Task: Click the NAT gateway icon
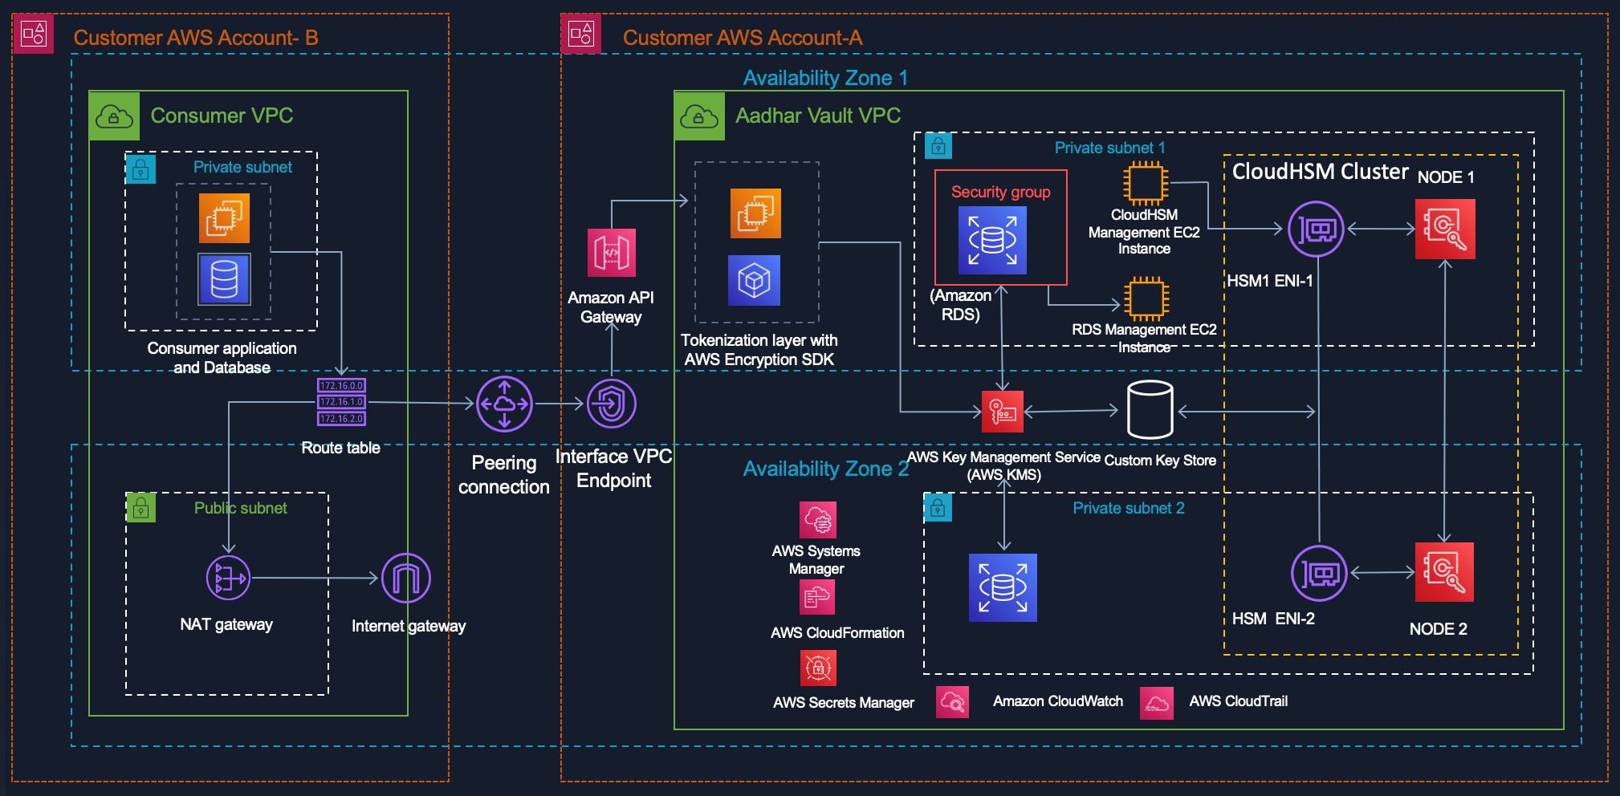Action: coord(228,578)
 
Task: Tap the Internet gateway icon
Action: coord(406,578)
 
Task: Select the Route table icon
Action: coord(341,402)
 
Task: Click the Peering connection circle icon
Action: coord(504,404)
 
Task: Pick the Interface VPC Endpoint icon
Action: coord(612,404)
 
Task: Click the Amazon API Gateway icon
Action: coord(612,253)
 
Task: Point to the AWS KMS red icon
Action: coord(1003,412)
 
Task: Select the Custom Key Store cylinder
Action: coord(1150,410)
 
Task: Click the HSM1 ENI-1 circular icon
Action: coord(1316,229)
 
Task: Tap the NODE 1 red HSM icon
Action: coord(1445,229)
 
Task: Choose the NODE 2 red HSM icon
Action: coord(1444,572)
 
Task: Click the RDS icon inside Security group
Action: coord(992,240)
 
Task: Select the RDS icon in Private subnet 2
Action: coord(1003,587)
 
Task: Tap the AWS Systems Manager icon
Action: coord(817,520)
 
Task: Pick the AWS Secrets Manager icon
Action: coord(818,668)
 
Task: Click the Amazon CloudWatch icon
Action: coord(952,702)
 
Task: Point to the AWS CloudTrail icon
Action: coord(1156,703)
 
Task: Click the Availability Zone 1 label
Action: coord(825,78)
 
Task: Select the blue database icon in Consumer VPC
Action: coord(224,279)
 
